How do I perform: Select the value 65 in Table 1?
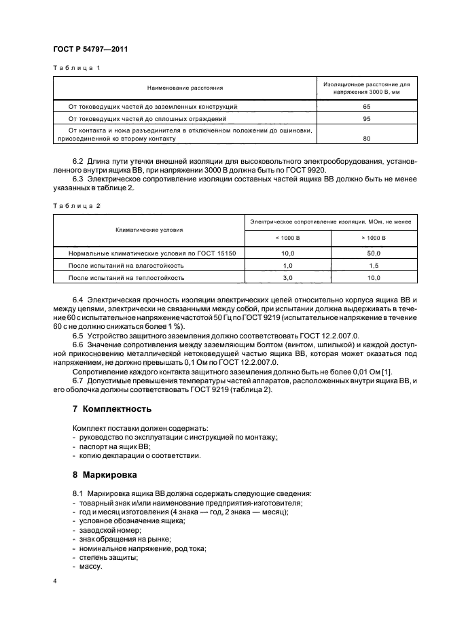tap(367, 107)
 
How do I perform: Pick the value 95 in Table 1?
tap(367, 119)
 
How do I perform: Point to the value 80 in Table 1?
tap(367, 139)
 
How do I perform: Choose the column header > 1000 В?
tap(374, 238)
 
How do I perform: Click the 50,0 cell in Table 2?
tap(374, 253)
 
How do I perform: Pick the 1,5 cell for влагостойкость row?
tap(374, 265)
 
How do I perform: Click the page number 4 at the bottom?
tap(55, 582)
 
